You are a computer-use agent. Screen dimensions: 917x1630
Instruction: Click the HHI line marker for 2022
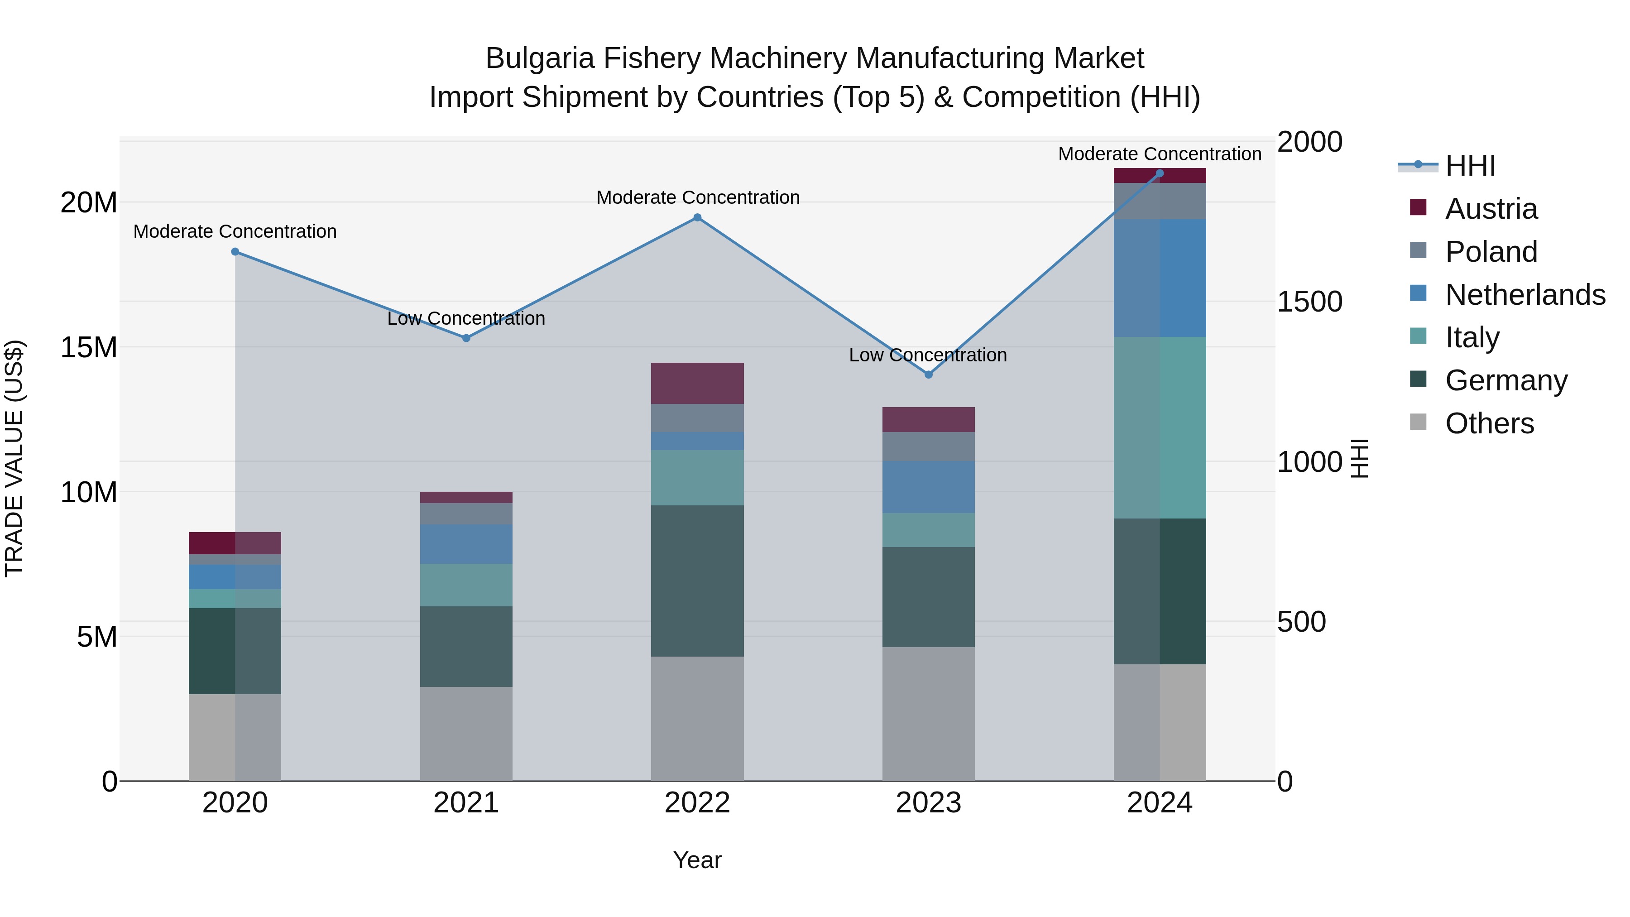click(x=697, y=218)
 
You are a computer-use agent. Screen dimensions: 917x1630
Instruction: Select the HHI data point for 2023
click(x=928, y=374)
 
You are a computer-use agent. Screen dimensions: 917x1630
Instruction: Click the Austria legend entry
click(x=1491, y=209)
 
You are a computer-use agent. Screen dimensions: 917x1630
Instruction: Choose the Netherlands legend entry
click(x=1525, y=295)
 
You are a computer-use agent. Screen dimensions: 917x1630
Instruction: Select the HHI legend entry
click(x=1469, y=166)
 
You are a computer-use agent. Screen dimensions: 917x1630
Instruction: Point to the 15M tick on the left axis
click(x=89, y=347)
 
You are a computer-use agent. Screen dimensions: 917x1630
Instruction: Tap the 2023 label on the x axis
click(x=928, y=803)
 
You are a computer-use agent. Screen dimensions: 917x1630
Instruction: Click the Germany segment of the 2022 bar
click(x=697, y=581)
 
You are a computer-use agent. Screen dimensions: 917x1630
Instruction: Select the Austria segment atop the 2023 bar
click(x=928, y=420)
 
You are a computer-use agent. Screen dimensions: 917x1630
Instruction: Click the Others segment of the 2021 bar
click(x=466, y=734)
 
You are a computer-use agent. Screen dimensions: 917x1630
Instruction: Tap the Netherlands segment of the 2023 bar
click(x=928, y=487)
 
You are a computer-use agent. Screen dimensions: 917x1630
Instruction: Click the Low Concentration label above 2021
click(x=466, y=318)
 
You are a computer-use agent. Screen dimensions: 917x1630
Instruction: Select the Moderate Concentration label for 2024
click(x=1159, y=154)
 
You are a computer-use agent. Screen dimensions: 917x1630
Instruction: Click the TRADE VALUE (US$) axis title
click(x=14, y=458)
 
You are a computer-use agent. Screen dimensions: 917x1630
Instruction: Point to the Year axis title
click(x=697, y=860)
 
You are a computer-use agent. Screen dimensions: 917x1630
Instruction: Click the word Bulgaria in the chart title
click(x=540, y=58)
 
